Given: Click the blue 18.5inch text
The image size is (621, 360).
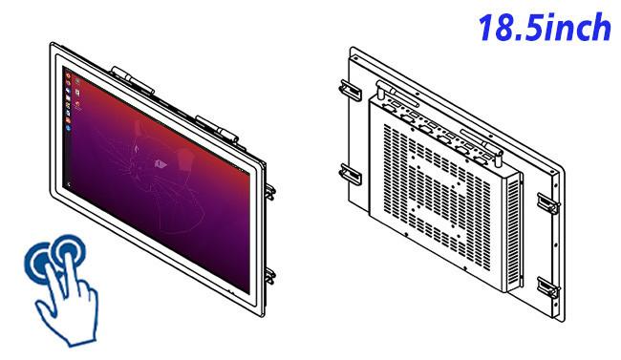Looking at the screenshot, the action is (545, 27).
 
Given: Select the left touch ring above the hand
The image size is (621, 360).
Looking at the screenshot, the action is (39, 263).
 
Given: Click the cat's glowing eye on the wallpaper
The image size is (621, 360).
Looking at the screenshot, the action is (160, 163).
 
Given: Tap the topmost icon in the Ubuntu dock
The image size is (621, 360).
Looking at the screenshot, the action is (68, 75).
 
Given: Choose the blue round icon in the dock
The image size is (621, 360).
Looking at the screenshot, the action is (69, 128).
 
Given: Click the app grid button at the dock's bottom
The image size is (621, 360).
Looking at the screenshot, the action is (70, 184).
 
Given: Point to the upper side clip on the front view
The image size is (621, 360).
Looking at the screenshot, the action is (271, 191).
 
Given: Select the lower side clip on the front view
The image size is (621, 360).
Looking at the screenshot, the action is (271, 275).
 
